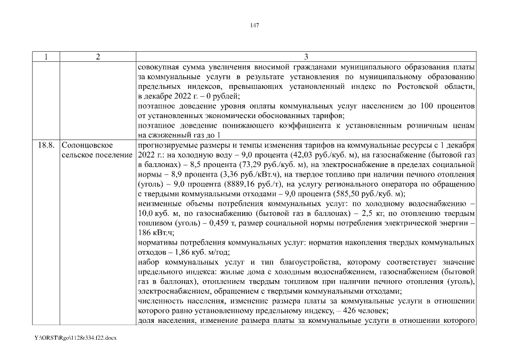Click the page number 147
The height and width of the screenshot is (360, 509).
[254, 25]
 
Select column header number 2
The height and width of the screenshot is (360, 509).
[98, 57]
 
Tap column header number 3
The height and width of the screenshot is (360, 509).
[305, 57]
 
